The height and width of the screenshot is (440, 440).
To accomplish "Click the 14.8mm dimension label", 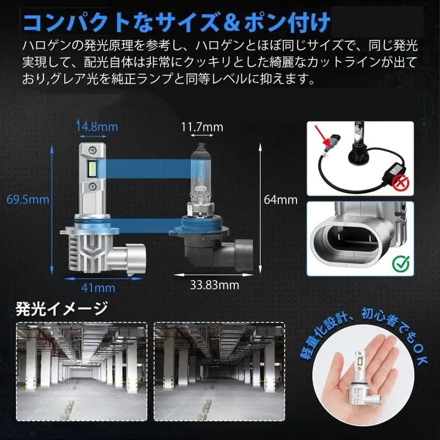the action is (98, 127).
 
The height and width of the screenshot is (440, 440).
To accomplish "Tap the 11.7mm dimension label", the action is (202, 127).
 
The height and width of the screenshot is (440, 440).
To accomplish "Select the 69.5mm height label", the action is (28, 200).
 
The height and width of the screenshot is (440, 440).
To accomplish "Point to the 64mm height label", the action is (280, 200).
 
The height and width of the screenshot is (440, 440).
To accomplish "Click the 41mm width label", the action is (98, 288).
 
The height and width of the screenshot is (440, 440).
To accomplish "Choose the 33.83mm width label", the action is (215, 285).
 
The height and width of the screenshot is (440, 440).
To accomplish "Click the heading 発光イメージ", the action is (62, 309).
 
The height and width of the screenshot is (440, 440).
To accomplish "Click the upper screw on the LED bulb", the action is (91, 150).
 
